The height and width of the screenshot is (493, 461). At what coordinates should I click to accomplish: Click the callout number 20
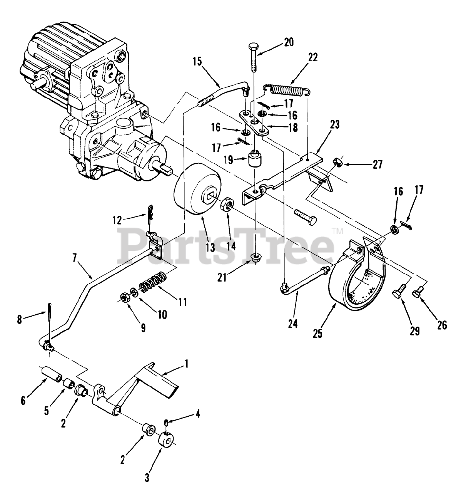click(x=288, y=42)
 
